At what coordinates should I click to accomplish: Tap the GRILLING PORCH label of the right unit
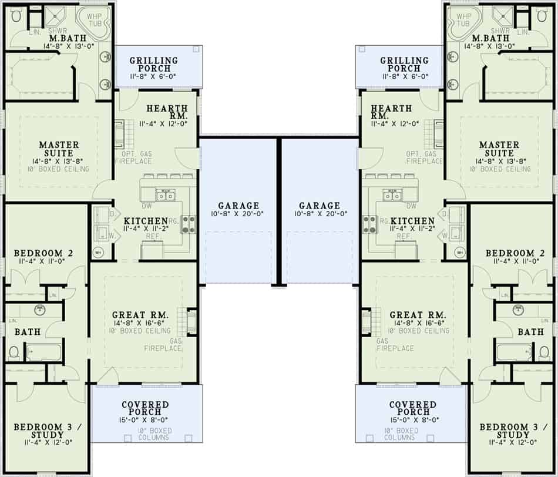click(404, 65)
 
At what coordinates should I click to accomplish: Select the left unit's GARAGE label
click(238, 206)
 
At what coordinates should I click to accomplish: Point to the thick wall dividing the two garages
click(279, 211)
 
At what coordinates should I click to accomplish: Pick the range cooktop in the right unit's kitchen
click(369, 223)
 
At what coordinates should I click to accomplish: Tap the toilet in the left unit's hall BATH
click(14, 352)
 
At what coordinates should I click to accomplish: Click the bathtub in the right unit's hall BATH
click(514, 352)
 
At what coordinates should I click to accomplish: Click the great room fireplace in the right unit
click(367, 322)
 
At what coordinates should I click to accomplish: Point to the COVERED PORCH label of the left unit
click(145, 409)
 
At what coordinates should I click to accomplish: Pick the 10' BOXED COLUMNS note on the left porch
click(146, 434)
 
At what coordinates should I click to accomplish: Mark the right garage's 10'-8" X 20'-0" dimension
click(319, 214)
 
